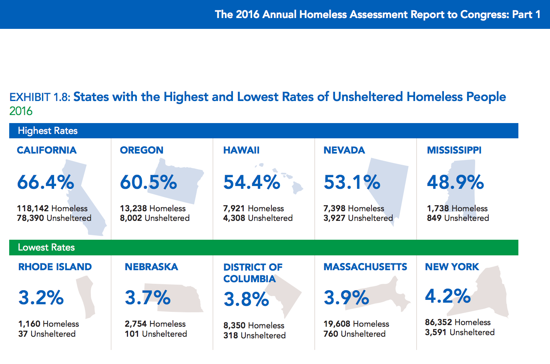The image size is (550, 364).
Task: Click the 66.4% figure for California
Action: click(x=46, y=182)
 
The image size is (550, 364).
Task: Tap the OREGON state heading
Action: click(x=142, y=150)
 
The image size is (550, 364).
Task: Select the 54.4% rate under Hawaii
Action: click(x=252, y=182)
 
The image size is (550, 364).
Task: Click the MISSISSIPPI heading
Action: click(x=454, y=150)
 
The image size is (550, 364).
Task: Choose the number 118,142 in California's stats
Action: click(x=33, y=208)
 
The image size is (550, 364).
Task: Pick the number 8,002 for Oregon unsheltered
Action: click(x=131, y=218)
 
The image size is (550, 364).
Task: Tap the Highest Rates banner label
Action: click(x=48, y=131)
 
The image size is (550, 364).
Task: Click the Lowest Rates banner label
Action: click(x=46, y=247)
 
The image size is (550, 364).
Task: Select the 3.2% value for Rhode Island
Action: click(x=41, y=298)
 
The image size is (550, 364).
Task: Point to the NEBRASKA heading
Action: click(x=151, y=267)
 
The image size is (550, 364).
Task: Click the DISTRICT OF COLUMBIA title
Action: click(x=253, y=273)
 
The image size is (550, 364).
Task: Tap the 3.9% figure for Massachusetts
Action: click(x=346, y=298)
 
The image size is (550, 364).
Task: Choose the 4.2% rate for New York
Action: click(x=448, y=296)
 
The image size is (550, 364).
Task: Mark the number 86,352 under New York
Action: click(x=438, y=322)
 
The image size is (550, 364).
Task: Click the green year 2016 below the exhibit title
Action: click(x=21, y=111)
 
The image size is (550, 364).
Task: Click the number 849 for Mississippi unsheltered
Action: click(x=434, y=218)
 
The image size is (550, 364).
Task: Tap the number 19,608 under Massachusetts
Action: click(x=337, y=324)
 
